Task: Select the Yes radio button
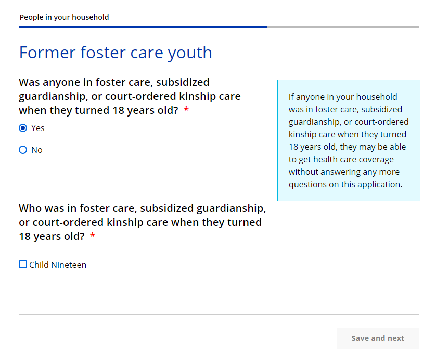[23, 128]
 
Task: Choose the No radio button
[23, 150]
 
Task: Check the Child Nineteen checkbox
[23, 264]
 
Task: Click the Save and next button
[378, 338]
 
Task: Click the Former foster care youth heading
[116, 53]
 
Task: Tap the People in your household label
[64, 17]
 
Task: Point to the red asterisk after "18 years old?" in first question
[186, 109]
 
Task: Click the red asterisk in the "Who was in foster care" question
[93, 236]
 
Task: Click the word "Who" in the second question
[30, 208]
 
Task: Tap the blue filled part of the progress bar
[143, 27]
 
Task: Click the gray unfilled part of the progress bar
[343, 27]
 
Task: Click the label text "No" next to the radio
[37, 150]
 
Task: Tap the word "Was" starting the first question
[29, 82]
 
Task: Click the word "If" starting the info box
[291, 97]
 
